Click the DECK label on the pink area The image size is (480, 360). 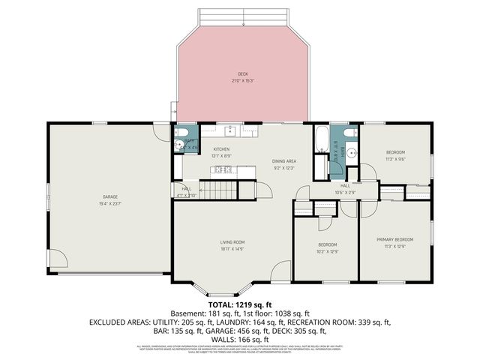tap(242, 73)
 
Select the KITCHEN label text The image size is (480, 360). tap(221, 149)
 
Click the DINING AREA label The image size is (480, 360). tap(284, 161)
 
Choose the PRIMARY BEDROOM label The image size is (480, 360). tap(394, 240)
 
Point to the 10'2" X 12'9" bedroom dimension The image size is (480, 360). tap(326, 251)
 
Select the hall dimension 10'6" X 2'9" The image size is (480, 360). tap(345, 192)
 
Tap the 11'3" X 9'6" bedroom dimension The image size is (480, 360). tap(395, 158)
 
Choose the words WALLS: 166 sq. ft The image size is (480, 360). tap(239, 338)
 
